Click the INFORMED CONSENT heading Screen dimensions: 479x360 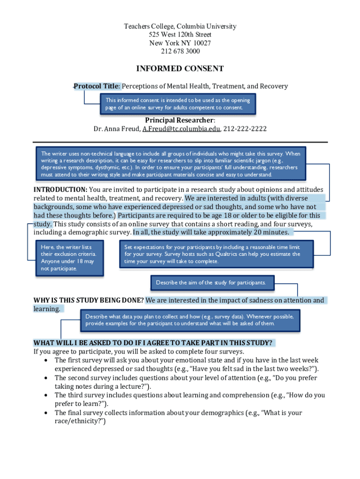pyautogui.click(x=180, y=69)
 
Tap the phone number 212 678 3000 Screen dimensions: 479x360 pyautogui.click(x=180, y=51)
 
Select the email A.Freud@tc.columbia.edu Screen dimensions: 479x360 pyautogui.click(x=181, y=129)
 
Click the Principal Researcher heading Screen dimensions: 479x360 pyautogui.click(x=180, y=120)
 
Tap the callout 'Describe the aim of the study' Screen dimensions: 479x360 pyautogui.click(x=211, y=283)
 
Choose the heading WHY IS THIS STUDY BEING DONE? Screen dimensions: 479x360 pyautogui.click(x=89, y=300)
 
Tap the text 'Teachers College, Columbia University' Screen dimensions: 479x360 pyautogui.click(x=180, y=27)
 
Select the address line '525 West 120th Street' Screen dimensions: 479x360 pyautogui.click(x=180, y=35)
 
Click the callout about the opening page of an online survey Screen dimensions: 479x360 pyautogui.click(x=178, y=104)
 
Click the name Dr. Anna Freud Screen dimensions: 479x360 pyautogui.click(x=116, y=129)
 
